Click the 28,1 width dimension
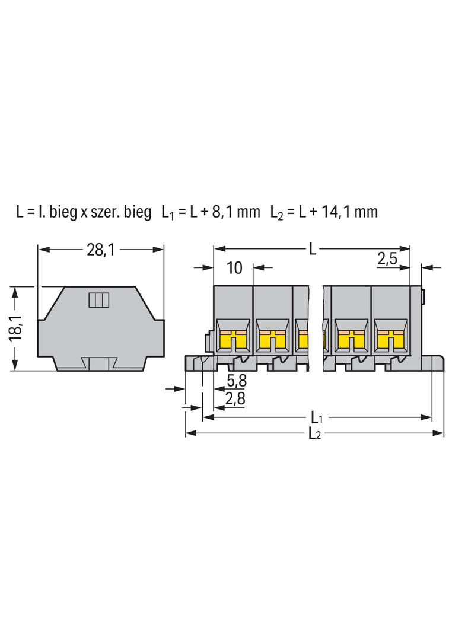[x=101, y=250]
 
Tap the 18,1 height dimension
[x=17, y=328]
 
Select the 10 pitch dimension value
[x=234, y=267]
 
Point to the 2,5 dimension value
[x=387, y=258]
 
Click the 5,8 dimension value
[x=236, y=380]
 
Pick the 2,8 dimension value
[x=235, y=398]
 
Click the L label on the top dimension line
[x=313, y=250]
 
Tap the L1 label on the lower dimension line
[x=317, y=417]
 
